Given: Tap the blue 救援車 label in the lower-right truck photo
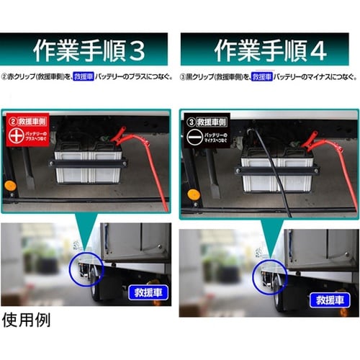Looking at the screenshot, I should (x=323, y=297).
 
